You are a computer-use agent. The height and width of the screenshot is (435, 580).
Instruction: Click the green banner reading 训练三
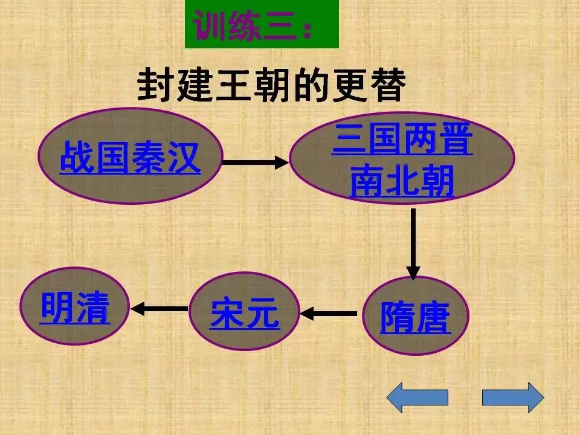262,25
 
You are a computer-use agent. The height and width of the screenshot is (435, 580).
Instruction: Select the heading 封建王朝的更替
271,86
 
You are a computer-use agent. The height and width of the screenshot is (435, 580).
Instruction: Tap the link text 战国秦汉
130,158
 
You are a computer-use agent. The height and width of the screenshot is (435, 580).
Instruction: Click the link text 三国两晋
402,141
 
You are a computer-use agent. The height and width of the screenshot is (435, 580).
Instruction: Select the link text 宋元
245,314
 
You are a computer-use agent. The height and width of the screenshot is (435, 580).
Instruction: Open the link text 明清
75,308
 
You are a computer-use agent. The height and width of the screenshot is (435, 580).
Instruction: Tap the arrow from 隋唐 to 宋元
329,314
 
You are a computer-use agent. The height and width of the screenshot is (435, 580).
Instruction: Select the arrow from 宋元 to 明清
159,309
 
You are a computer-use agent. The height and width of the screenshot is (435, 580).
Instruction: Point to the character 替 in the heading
385,86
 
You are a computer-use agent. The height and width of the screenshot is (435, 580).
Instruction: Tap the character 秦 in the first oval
148,158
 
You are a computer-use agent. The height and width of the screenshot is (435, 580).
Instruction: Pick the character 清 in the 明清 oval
92,308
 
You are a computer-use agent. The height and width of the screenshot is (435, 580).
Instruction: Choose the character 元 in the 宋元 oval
263,314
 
